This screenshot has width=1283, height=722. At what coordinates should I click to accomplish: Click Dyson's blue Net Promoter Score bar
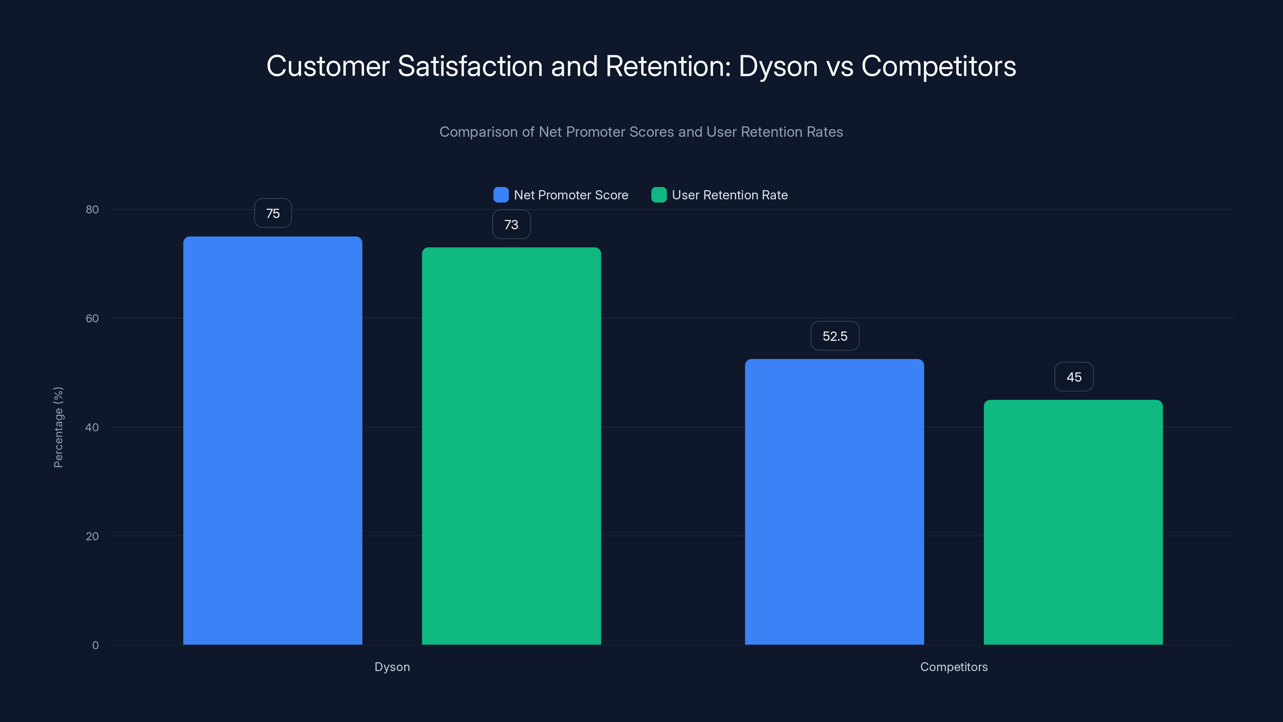coord(273,440)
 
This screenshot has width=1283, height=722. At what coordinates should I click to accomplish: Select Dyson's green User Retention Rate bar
coord(512,446)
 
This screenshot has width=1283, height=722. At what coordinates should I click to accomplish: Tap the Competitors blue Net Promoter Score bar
coord(834,502)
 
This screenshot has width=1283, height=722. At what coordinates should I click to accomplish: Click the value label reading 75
coord(273,213)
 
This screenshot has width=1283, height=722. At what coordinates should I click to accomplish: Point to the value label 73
coord(512,225)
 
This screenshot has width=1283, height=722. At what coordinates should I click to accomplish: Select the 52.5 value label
coord(835,337)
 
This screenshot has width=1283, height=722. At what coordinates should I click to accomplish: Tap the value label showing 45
coord(1074,377)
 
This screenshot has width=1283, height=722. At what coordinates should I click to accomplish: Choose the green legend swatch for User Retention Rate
coord(659,195)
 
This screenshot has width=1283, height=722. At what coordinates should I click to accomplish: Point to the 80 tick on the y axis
coord(92,209)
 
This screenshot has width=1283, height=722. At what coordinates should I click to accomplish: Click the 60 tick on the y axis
coord(92,318)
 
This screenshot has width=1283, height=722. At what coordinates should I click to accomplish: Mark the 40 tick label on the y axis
coord(92,427)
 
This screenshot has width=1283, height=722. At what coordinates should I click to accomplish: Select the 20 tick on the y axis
coord(92,536)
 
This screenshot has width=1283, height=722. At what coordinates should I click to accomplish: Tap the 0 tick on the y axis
coord(95,645)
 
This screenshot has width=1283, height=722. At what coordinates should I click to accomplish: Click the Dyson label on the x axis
coord(392,667)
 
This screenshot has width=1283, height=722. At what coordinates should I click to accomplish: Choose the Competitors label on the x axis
coord(954,667)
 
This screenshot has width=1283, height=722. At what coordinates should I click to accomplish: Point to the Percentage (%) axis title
coord(58,427)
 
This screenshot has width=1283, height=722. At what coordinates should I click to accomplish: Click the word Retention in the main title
coord(668,66)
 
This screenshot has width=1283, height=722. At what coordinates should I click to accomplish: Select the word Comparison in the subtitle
coord(478,132)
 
